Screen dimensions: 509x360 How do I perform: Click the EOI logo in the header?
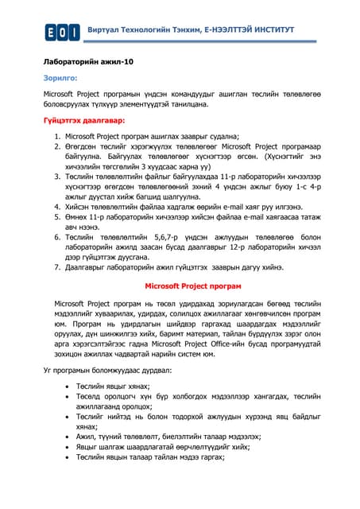(62, 31)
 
